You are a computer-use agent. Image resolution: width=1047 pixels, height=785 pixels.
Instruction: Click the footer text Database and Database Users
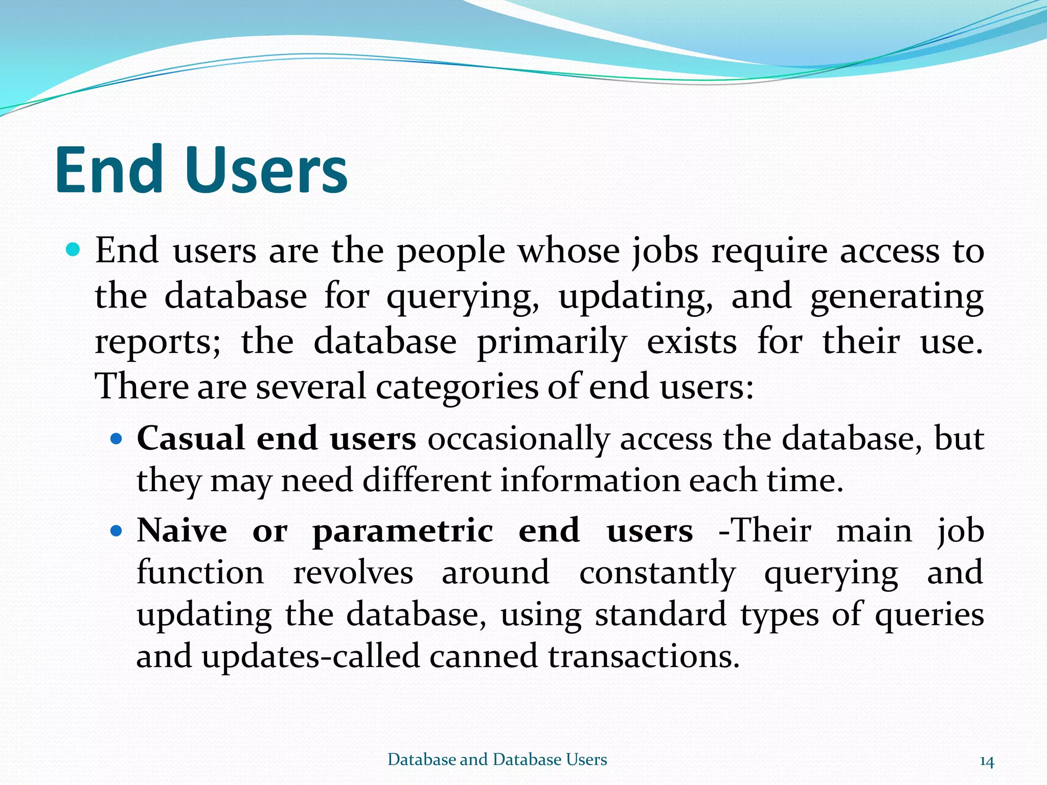pyautogui.click(x=497, y=759)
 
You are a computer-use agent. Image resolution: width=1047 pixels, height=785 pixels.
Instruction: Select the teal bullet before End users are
pyautogui.click(x=74, y=250)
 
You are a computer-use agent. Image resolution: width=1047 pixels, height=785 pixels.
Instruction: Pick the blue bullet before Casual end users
pyautogui.click(x=117, y=438)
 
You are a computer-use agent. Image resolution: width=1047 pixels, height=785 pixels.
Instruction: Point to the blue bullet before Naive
pyautogui.click(x=117, y=531)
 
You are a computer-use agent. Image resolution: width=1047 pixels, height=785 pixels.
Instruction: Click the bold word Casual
pyautogui.click(x=190, y=438)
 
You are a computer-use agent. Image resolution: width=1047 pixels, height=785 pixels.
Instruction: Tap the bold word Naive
pyautogui.click(x=182, y=530)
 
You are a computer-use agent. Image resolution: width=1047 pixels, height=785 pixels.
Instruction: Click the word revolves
pyautogui.click(x=353, y=572)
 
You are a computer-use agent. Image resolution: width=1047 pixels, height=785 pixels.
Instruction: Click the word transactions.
pyautogui.click(x=644, y=656)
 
